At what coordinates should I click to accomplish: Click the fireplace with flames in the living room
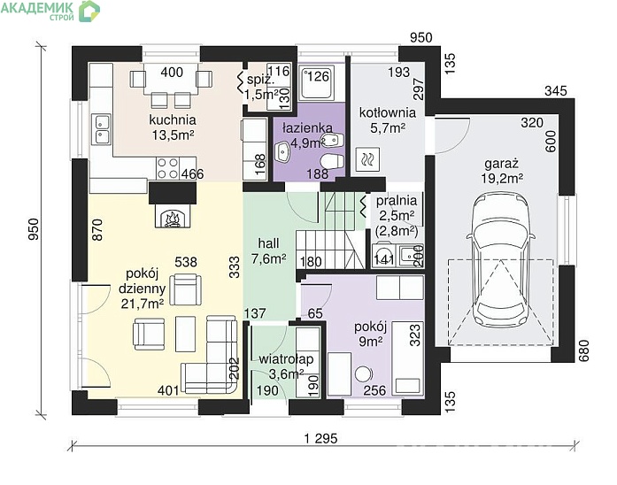pos(173,216)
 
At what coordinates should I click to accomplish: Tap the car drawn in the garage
pos(500,259)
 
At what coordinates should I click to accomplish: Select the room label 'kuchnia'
pos(173,119)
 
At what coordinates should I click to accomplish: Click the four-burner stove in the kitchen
pos(167,168)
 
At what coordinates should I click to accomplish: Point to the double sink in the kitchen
pos(101,128)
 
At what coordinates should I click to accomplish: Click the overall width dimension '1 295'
pos(320,438)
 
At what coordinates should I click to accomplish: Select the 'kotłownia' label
pos(388,112)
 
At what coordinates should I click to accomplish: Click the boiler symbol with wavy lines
pos(368,159)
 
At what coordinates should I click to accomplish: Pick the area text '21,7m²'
pos(143,304)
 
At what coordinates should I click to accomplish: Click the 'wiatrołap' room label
pos(286,359)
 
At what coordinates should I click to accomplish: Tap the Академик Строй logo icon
pos(89,11)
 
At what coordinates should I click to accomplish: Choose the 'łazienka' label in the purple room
pos(307,127)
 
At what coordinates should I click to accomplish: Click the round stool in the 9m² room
pos(363,373)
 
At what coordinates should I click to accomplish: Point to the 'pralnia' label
pos(397,201)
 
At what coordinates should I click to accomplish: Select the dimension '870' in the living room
pos(96,230)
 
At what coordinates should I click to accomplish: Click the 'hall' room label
pos(269,243)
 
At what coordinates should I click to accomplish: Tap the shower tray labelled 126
pos(317,82)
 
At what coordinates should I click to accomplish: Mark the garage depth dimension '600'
pos(551,141)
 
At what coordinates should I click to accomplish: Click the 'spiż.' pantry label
pos(260,80)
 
